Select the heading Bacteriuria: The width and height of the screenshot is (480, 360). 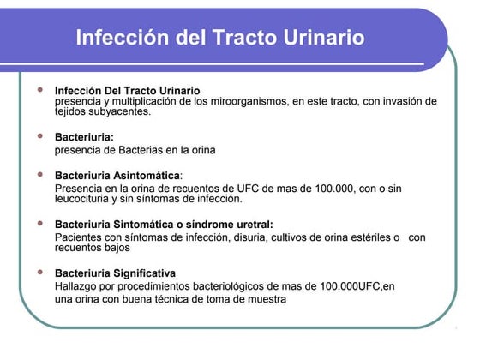(84, 136)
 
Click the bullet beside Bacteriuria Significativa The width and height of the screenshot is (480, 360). (39, 273)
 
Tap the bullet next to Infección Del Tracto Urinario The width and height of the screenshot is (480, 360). (39, 89)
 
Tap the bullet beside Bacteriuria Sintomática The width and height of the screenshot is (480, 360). (39, 224)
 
